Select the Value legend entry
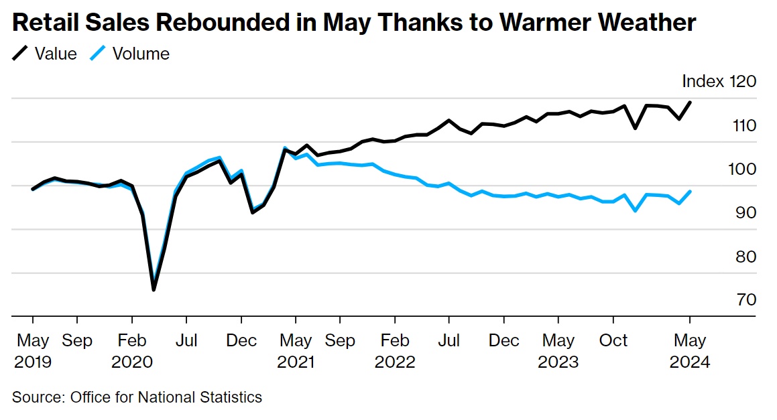[56, 54]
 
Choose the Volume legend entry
[141, 54]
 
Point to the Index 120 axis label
[719, 82]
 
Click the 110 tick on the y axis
[744, 125]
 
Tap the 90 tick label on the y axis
[745, 212]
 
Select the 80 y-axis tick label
[745, 257]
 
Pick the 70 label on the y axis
[745, 299]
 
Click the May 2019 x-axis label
[32, 351]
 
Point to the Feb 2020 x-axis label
[131, 351]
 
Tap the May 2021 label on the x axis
[296, 351]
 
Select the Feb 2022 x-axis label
[395, 351]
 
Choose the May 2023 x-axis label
[558, 351]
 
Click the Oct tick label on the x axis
[613, 340]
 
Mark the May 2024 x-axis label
[689, 351]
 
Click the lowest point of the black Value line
[154, 289]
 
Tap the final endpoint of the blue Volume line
[690, 192]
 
